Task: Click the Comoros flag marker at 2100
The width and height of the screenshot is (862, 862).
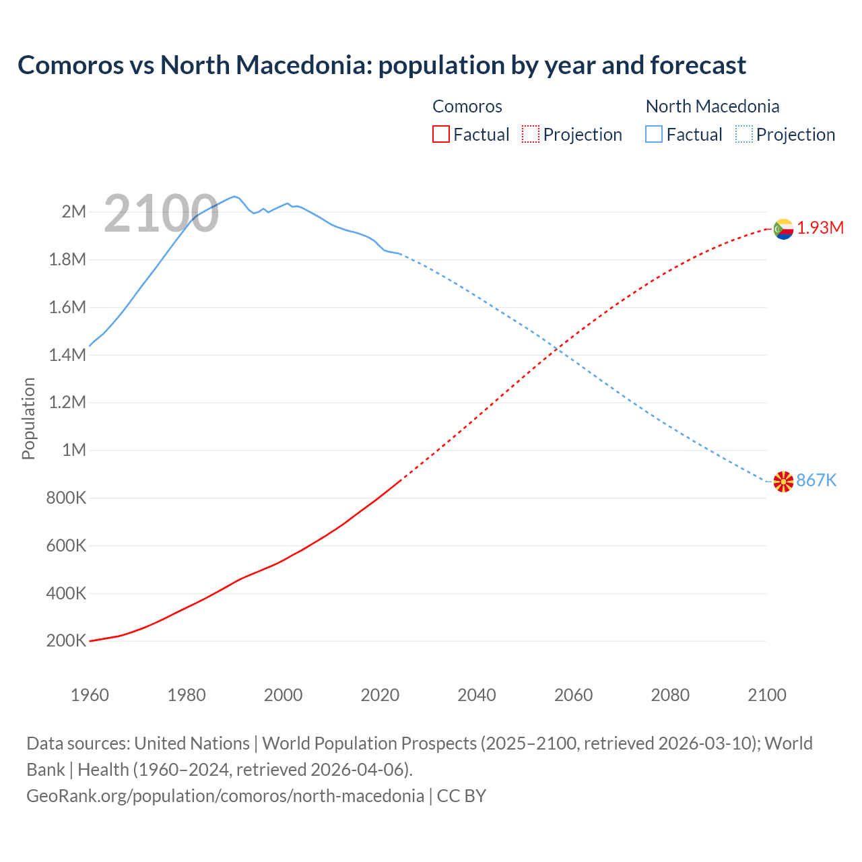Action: coord(783,229)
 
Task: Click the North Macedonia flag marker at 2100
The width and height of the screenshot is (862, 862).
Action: coord(783,482)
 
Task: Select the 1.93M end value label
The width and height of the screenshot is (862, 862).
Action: coord(820,228)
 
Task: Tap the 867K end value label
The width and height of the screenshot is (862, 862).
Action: coord(816,480)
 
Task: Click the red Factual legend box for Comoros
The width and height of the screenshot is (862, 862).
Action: coord(440,135)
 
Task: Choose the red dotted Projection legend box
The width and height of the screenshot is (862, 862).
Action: coord(531,135)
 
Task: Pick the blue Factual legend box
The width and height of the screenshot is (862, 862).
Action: coord(654,135)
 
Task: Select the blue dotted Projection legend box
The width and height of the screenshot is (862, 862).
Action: coord(744,135)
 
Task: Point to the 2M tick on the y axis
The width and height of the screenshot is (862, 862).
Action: coord(74,212)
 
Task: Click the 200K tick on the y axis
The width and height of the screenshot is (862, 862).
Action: coord(66,640)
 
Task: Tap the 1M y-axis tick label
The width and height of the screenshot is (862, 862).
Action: coord(74,450)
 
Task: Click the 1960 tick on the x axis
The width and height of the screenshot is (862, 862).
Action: coord(90,695)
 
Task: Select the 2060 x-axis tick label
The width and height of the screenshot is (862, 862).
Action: coord(573,695)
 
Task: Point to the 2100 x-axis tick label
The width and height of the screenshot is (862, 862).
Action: coord(766,695)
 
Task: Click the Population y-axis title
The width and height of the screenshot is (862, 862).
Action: coord(28,418)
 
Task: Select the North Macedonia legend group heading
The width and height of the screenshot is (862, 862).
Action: coord(712,106)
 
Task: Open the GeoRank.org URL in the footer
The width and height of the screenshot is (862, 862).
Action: coord(226,796)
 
